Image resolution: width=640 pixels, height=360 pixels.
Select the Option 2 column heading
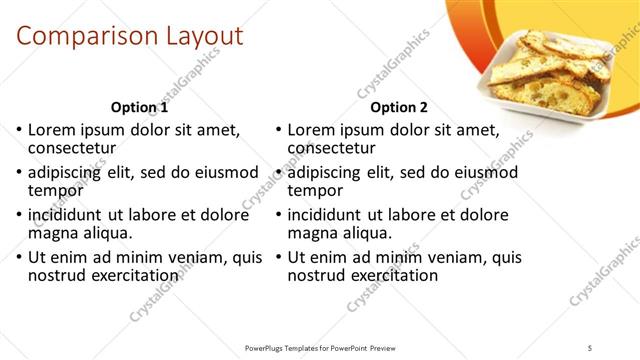pos(398,107)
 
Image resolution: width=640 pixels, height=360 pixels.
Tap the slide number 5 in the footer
pos(591,347)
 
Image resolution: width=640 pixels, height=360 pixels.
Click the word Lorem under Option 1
pos(52,130)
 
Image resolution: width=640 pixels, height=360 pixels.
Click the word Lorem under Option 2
pos(312,130)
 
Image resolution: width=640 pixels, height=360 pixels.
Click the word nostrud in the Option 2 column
pos(318,275)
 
